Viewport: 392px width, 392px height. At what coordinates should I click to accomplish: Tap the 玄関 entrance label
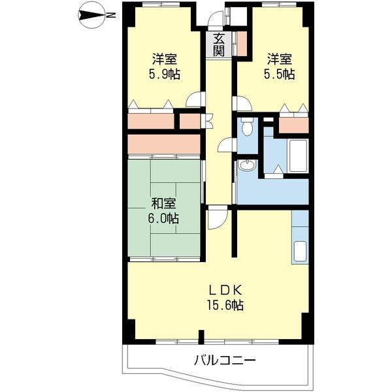coord(219,44)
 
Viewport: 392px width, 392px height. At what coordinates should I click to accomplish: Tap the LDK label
coord(226,290)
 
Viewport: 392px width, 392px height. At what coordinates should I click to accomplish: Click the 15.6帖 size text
coord(226,305)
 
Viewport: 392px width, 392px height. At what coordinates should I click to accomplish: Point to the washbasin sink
coord(247,166)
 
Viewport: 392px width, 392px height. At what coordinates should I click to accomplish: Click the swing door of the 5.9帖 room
coord(194,100)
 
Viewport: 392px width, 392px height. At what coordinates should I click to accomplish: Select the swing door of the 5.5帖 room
coord(242,103)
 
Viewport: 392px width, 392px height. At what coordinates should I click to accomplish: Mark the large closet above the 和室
coord(163,143)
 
